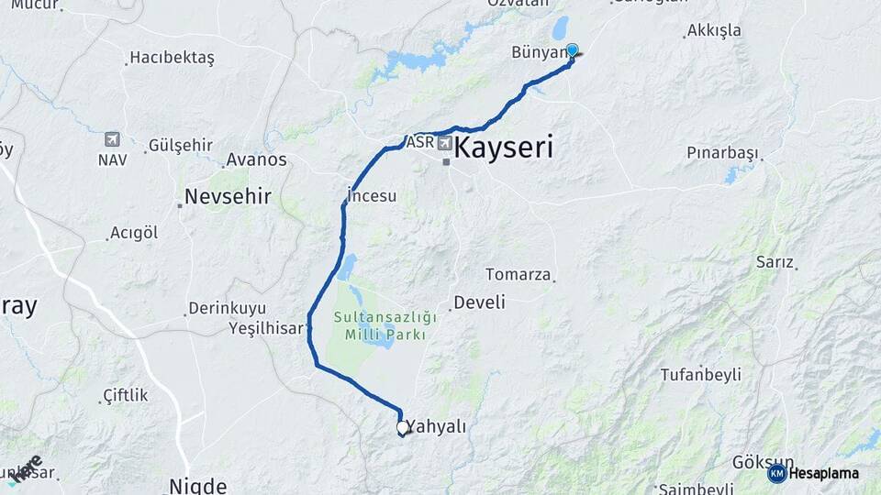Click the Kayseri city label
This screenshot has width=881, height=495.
coord(504,148)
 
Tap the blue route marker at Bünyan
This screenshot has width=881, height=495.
coord(572,50)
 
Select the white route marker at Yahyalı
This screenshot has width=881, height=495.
coord(402,427)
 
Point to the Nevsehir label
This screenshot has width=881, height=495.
coord(228,196)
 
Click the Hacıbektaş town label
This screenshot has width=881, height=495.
coord(172,58)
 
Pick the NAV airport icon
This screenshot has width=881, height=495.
coord(112,139)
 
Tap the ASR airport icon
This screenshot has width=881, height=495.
coord(445,143)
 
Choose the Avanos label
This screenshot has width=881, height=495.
coord(256,159)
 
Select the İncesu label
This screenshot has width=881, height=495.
coord(372,195)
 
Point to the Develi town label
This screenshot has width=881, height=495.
coord(480,302)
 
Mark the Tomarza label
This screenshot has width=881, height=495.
coord(519,274)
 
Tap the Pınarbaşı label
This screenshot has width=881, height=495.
coord(724,152)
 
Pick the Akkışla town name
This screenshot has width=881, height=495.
coord(713,30)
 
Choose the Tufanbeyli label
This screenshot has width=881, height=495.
coord(700,374)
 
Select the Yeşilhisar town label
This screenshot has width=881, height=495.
coord(265,327)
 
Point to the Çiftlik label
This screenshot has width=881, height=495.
coord(126,395)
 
